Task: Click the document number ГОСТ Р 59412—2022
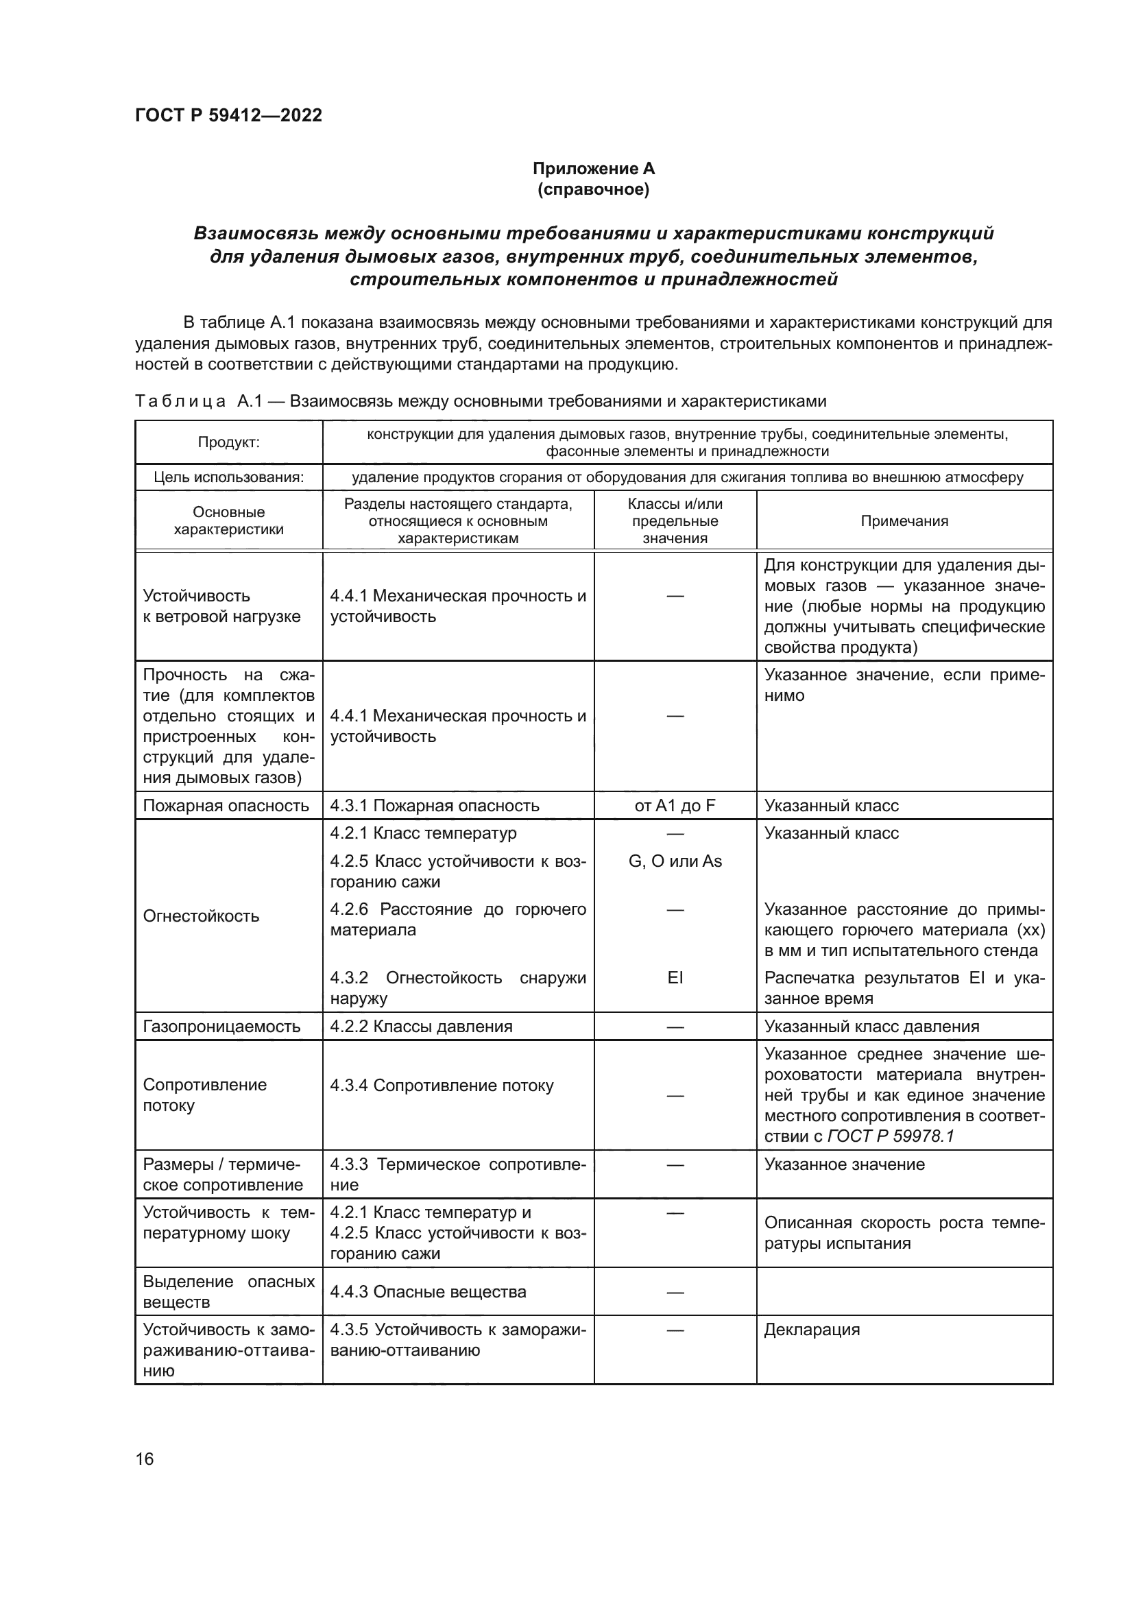click(x=228, y=115)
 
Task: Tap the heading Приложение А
click(x=594, y=169)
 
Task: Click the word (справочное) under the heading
click(x=594, y=189)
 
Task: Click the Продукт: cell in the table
click(x=228, y=442)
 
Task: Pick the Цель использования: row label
click(x=228, y=477)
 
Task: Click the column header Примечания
click(x=904, y=520)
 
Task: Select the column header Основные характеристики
click(x=228, y=520)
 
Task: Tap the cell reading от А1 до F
click(x=675, y=806)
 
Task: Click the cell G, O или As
click(x=675, y=861)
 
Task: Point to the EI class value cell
click(x=675, y=977)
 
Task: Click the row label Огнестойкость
click(x=200, y=916)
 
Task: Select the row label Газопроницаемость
click(x=221, y=1027)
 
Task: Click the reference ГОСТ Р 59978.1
click(x=891, y=1136)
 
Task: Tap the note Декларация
click(x=811, y=1330)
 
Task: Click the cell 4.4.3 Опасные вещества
click(x=428, y=1292)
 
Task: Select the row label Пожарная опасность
click(x=226, y=806)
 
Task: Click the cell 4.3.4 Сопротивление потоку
click(x=442, y=1086)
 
